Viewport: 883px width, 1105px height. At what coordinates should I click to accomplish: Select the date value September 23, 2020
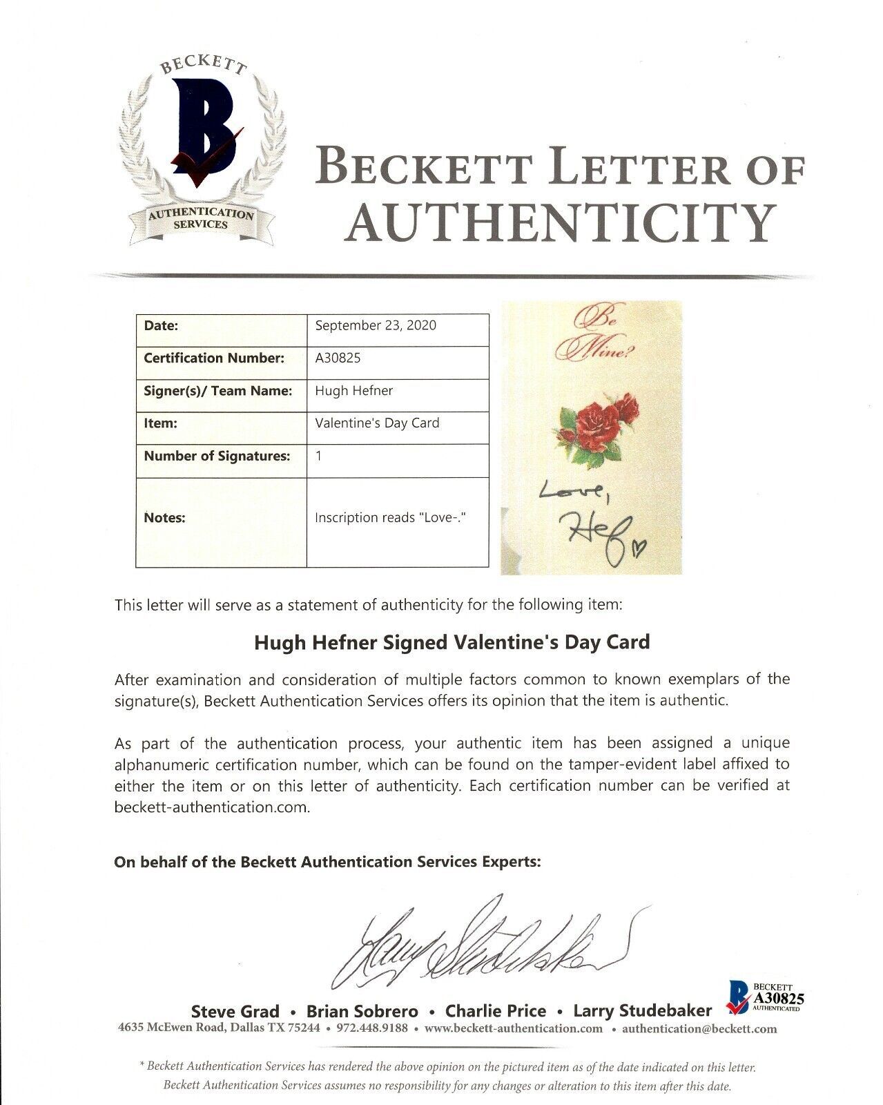point(376,325)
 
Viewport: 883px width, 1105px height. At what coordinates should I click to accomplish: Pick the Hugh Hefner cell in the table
point(353,390)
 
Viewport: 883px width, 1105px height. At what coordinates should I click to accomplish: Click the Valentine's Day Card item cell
point(377,423)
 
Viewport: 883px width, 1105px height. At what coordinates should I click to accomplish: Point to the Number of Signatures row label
point(217,456)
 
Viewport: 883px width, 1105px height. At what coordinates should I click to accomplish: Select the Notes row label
point(164,517)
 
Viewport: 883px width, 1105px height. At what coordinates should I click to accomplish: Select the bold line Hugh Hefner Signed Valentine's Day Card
point(452,642)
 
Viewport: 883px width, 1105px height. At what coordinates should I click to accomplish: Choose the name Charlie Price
point(496,1011)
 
